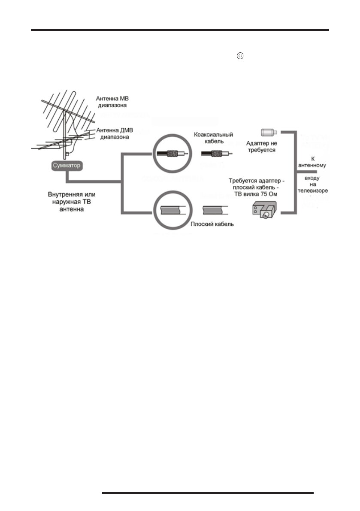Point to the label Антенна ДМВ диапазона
click(113, 134)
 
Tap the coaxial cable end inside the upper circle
click(172, 154)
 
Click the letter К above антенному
click(313, 159)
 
